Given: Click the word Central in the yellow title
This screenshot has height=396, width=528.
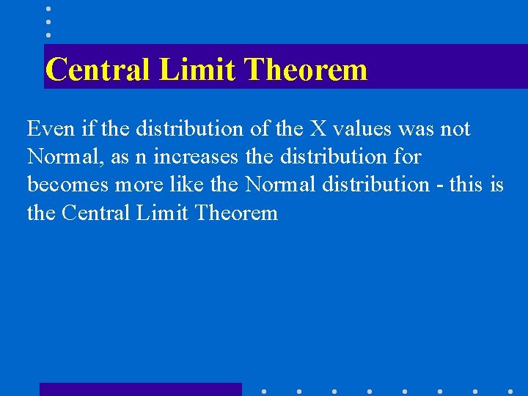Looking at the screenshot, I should click(x=98, y=70).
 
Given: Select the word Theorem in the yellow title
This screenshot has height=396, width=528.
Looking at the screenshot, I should click(x=307, y=70).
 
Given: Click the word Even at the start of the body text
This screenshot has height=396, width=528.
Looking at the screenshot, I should click(x=48, y=129).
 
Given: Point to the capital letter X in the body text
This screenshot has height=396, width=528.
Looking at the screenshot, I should click(x=319, y=129).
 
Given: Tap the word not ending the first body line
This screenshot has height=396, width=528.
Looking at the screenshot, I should click(x=453, y=129).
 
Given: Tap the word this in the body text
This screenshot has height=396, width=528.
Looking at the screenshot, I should click(x=465, y=185).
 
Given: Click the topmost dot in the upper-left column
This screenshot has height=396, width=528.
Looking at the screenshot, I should click(x=48, y=8).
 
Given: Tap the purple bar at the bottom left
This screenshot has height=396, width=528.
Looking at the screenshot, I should click(x=140, y=389).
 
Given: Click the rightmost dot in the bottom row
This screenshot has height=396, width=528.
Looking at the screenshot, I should click(x=510, y=391).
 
